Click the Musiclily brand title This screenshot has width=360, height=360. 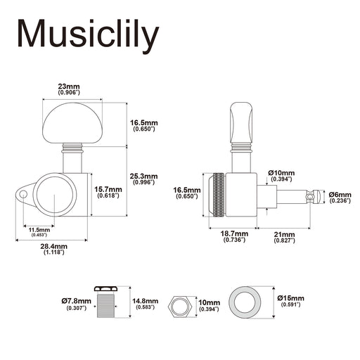[x=88, y=35]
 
